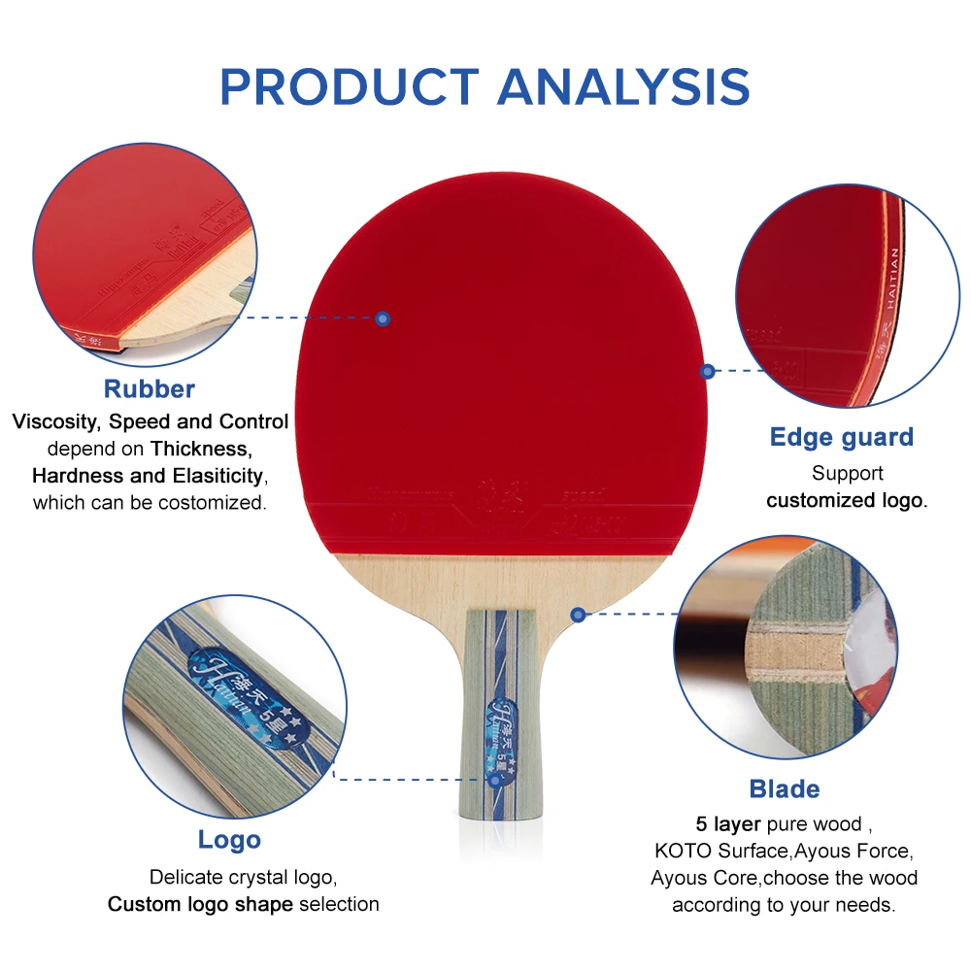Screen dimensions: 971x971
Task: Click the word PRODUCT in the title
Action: coord(348,86)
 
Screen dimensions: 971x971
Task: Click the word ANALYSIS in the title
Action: coord(623,86)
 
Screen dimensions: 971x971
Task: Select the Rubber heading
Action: coord(150,388)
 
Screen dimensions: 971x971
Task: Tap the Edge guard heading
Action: coord(842,437)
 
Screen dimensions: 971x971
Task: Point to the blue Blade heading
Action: coord(785,788)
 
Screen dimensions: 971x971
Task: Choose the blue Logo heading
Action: coord(229,840)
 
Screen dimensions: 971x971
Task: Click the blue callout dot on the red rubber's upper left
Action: coord(383,318)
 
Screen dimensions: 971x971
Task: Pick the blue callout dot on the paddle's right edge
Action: coord(708,371)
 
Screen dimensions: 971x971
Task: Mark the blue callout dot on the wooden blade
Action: coord(578,614)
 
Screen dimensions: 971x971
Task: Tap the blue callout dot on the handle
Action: coord(494,779)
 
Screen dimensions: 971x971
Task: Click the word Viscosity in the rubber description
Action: coord(56,422)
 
